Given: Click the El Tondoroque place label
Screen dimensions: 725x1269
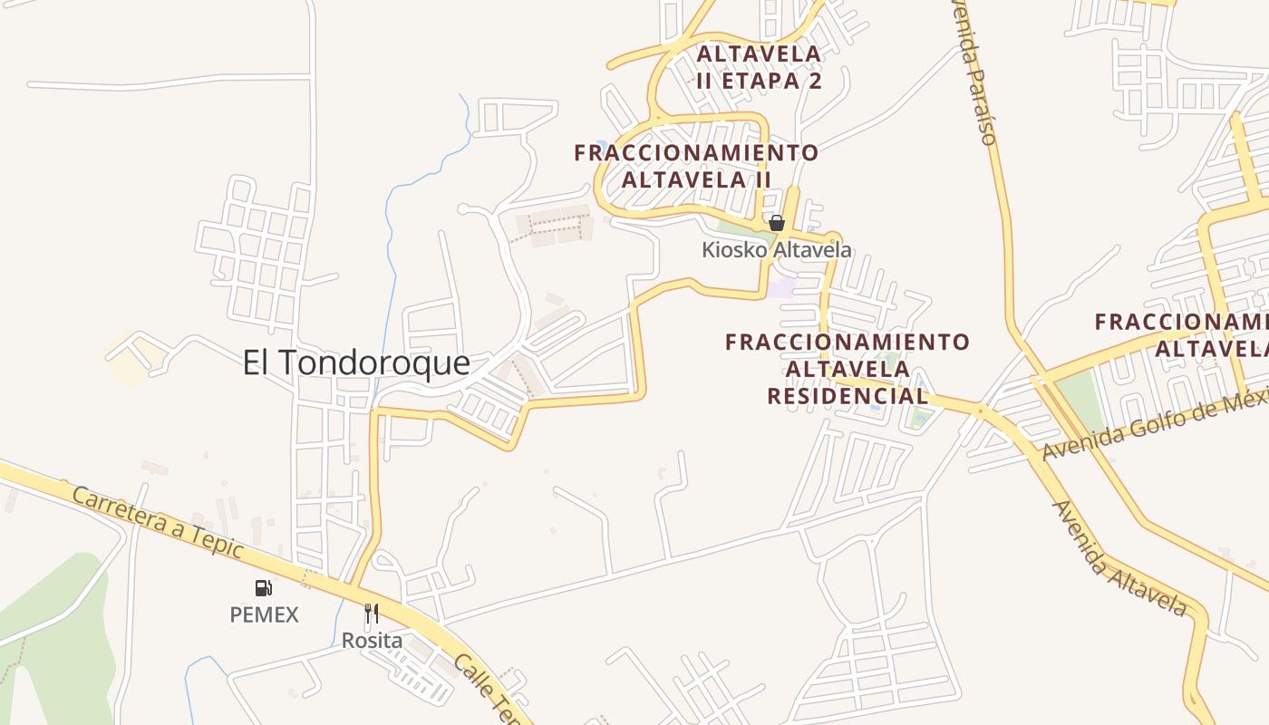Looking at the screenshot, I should [x=356, y=363].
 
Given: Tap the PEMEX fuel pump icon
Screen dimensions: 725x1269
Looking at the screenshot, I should [x=263, y=588].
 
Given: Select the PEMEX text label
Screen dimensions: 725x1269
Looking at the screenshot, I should [x=264, y=614].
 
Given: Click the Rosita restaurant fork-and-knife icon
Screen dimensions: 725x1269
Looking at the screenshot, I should [x=372, y=614].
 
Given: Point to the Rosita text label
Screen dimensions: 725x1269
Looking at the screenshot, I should [x=372, y=640].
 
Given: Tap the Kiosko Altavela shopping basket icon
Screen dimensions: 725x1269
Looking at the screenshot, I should [x=776, y=222].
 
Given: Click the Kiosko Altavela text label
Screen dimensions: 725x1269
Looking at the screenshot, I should [x=777, y=249].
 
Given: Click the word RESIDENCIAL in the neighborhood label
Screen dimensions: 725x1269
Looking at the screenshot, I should [x=848, y=396].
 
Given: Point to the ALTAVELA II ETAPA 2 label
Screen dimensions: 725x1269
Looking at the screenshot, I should [x=760, y=67].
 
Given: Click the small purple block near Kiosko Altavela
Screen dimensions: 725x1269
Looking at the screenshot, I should [x=782, y=288].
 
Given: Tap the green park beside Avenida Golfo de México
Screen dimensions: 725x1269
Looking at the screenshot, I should [x=1079, y=399].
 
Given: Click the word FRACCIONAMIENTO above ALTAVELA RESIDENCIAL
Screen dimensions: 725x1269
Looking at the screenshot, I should [x=848, y=343].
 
